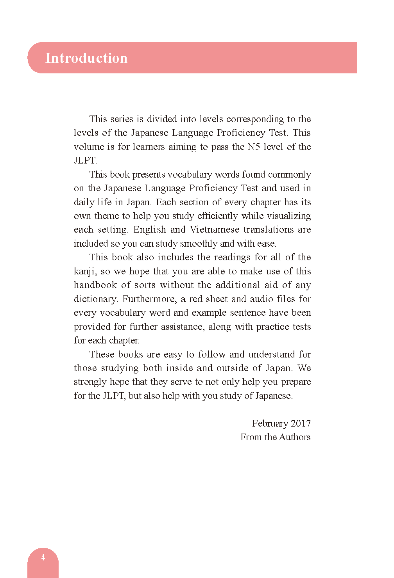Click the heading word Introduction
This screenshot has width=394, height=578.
[x=86, y=58]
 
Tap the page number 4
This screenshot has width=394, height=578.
[x=43, y=557]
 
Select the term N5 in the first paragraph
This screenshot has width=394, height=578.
[x=254, y=147]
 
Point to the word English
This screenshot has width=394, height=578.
[x=150, y=229]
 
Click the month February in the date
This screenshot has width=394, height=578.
[x=270, y=423]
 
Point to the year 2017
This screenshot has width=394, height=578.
[x=301, y=423]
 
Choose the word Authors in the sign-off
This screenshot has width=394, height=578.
[x=295, y=437]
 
